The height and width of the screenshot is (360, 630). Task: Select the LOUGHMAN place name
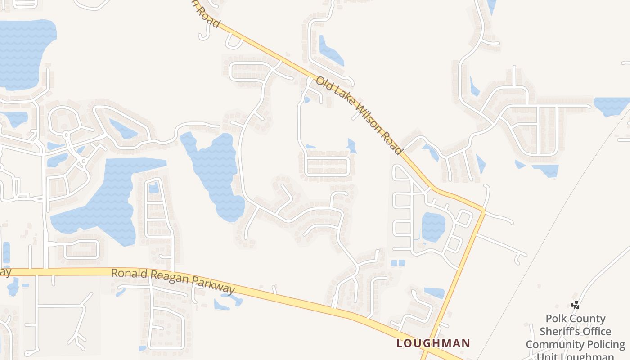click(433, 343)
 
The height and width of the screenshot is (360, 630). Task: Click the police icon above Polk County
click(575, 305)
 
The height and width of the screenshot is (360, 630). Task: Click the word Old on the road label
click(323, 84)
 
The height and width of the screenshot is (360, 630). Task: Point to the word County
click(589, 319)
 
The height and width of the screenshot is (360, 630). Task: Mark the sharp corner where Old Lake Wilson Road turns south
click(483, 209)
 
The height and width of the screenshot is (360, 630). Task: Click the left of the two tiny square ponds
click(394, 263)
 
